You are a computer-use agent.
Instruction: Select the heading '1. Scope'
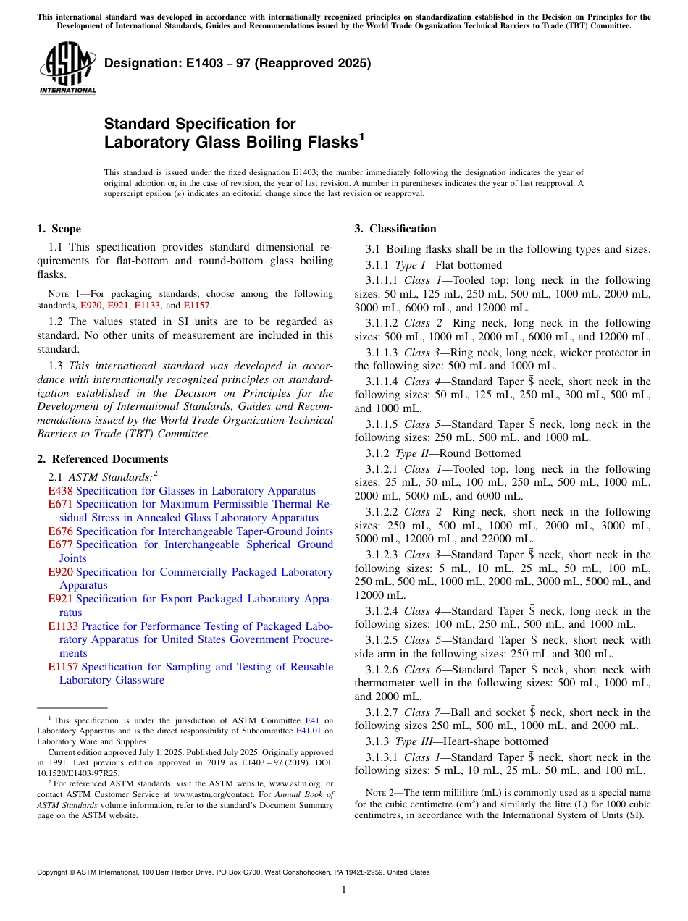[59, 229]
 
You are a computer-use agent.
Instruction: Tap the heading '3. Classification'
[395, 229]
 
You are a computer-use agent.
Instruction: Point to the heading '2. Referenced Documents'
[103, 459]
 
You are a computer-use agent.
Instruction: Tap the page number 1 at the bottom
[344, 889]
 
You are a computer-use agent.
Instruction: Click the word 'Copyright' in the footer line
[53, 872]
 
